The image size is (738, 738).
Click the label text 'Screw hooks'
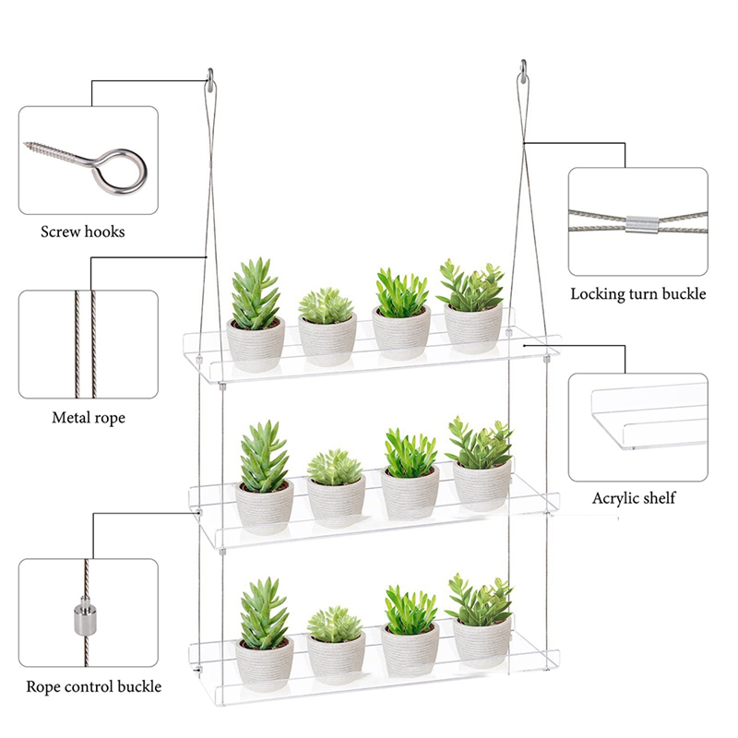coord(82,232)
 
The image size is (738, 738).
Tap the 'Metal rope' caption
coord(89,418)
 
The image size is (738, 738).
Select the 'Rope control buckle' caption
coord(94,686)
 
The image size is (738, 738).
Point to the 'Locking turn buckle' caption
coord(638,293)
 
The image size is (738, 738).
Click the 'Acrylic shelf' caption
coord(634,498)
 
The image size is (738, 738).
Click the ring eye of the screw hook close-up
coord(121,172)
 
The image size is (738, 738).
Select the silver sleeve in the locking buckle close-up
coord(642,224)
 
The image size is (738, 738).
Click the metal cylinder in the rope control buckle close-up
coord(86,615)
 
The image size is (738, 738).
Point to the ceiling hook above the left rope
coord(210,81)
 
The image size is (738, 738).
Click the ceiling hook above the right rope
coord(523,72)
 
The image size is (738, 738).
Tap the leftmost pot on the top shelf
coord(256,344)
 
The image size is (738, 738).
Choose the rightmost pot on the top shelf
coord(472,329)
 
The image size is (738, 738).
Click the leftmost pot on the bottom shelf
coord(265,664)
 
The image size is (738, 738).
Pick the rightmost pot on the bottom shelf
coord(482,643)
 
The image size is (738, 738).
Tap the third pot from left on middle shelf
coord(410,493)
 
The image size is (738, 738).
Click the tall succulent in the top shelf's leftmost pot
coord(256,292)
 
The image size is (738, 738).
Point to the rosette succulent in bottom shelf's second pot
coord(335,625)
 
